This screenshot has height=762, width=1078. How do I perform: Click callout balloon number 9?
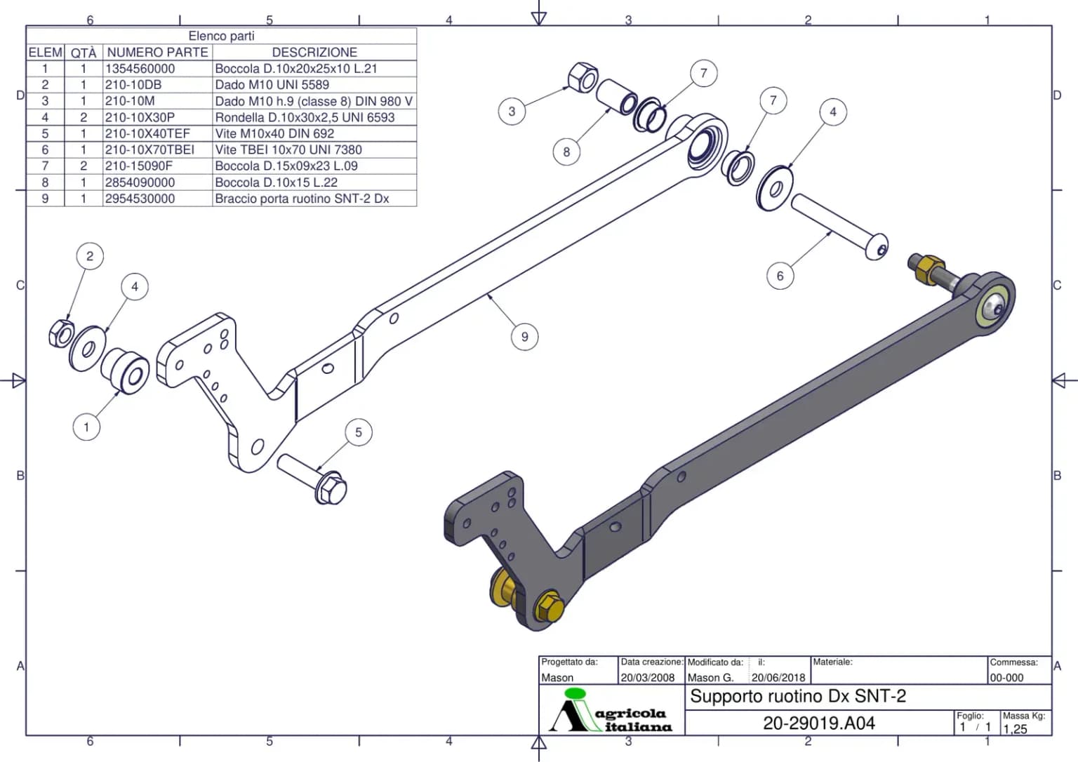(x=524, y=337)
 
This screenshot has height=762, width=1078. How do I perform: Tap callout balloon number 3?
(x=512, y=112)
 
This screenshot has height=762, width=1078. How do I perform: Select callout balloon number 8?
(x=566, y=152)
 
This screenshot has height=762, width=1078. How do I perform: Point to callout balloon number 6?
(x=780, y=276)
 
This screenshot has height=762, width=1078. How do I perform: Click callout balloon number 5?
(x=359, y=432)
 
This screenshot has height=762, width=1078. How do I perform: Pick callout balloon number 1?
(x=86, y=427)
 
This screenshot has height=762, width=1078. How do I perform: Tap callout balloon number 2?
(x=90, y=256)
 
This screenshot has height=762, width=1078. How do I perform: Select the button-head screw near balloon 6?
(x=840, y=227)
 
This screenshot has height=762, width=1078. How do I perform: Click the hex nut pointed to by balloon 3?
(x=583, y=77)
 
